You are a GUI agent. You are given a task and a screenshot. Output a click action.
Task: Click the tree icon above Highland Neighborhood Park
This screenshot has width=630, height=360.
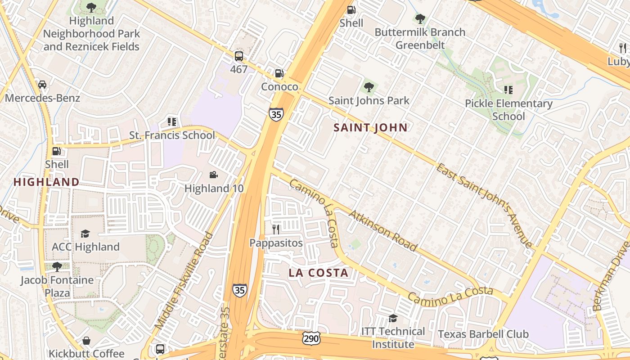pos(91,7)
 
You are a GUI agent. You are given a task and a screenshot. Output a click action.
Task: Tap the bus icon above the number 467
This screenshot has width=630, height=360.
pos(238,56)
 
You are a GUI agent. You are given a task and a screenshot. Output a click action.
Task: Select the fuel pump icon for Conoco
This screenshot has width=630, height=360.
pos(279,73)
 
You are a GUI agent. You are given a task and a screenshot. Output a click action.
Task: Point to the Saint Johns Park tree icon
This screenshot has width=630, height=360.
pos(369,87)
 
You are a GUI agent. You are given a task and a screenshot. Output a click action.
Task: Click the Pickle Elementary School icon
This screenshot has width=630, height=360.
pos(508,90)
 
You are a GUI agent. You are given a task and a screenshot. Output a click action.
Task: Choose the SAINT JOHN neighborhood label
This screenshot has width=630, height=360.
pos(370,128)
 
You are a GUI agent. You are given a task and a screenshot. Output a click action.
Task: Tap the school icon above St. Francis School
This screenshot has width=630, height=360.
pos(171,121)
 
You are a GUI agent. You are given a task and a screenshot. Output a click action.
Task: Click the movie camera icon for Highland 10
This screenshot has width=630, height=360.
pos(214,175)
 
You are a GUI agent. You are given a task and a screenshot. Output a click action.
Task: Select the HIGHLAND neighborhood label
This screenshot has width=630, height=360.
pos(46,182)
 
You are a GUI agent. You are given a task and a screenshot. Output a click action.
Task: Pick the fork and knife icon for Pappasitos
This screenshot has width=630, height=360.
pos(276,229)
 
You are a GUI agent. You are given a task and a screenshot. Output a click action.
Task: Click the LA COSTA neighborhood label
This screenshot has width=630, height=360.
pos(319,273)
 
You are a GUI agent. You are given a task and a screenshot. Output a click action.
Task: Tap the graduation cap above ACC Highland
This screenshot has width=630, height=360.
pos(85,233)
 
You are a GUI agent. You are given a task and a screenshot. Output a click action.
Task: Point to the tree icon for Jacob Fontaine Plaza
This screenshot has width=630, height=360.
pos(57,266)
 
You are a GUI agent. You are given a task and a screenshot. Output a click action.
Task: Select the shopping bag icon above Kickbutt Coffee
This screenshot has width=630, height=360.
pos(86,340)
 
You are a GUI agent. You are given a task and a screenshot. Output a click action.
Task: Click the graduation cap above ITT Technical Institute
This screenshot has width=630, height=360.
pos(393,318)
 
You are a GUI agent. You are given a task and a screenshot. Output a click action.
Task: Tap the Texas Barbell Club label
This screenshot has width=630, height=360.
pos(483,334)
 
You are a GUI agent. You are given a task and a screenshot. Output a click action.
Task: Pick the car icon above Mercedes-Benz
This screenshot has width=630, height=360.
pos(42,85)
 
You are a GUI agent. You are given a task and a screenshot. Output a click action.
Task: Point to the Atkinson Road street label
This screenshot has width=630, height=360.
pos(382,230)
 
